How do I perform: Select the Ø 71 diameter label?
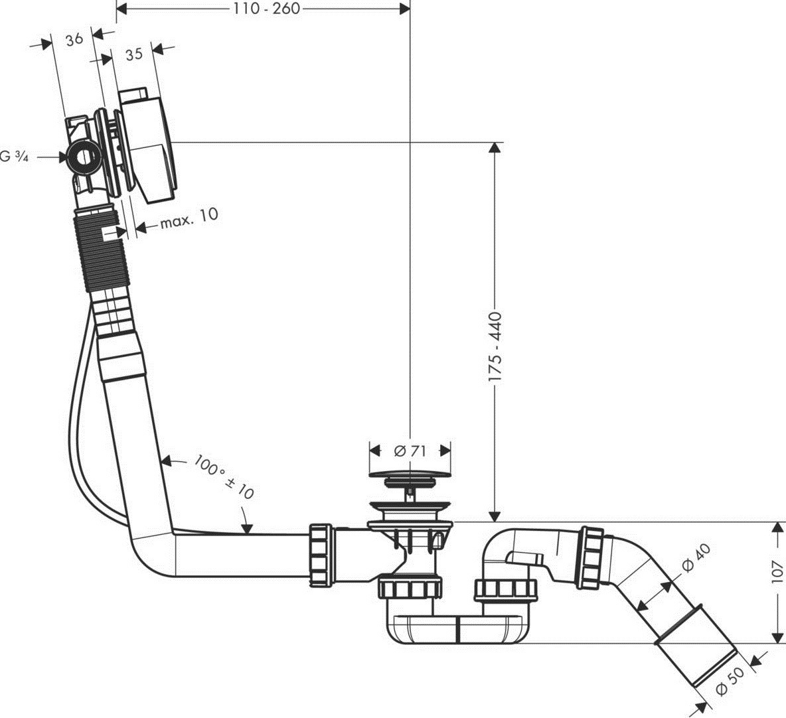point(410,451)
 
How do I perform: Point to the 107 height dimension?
point(778,570)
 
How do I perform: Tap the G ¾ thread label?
point(14,157)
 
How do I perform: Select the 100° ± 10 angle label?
point(225,476)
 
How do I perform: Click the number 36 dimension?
point(74,39)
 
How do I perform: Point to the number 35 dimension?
point(133,54)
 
